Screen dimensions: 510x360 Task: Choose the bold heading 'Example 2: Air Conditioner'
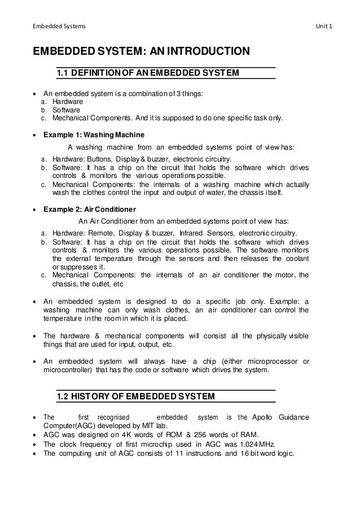[x=90, y=208]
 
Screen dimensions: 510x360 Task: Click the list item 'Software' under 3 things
[x=66, y=110]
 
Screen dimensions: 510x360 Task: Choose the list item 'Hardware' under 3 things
[x=68, y=101]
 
